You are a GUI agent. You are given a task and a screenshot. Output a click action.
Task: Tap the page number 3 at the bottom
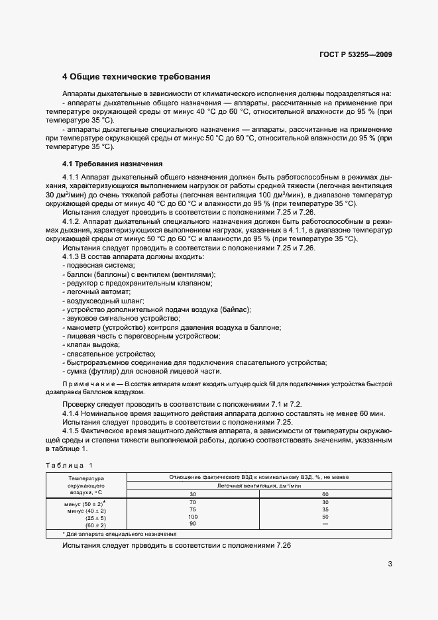(x=390, y=564)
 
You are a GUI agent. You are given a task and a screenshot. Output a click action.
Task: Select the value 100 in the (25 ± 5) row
(x=193, y=516)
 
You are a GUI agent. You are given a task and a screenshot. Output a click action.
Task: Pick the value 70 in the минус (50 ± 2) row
(x=193, y=502)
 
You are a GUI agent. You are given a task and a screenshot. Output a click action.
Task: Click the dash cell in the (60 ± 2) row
(x=325, y=523)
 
